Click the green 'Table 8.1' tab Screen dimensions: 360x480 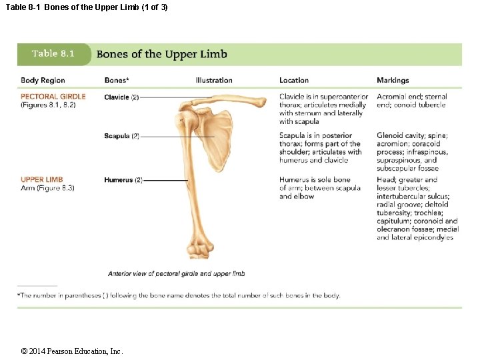pos(53,54)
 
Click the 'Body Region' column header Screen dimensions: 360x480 pos(43,80)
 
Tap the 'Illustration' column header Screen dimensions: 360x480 pos(214,80)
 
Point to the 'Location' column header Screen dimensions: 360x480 pos(294,80)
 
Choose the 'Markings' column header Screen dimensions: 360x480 pos(393,80)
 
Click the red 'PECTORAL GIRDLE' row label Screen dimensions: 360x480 pos(53,97)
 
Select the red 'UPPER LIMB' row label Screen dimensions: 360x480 pos(42,179)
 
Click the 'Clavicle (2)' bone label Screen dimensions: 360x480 pos(121,97)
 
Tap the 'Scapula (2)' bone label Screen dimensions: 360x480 pos(121,136)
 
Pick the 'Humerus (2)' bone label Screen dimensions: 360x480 pos(123,180)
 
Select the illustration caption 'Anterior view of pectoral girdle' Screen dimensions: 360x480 pos(176,273)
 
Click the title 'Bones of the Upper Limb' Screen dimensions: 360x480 pos(161,54)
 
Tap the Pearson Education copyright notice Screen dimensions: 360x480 pos(72,351)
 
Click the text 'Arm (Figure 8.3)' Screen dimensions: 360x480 pos(47,188)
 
